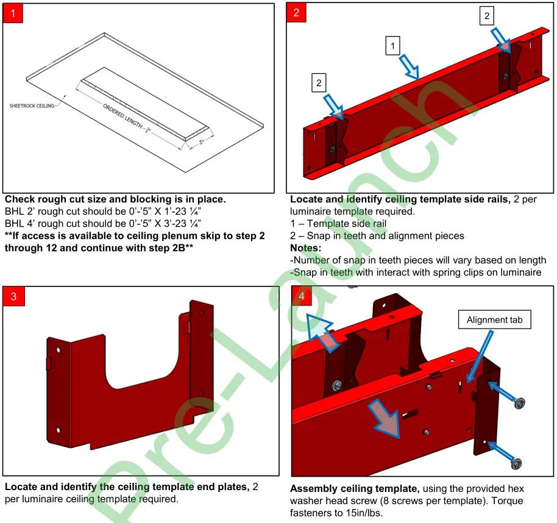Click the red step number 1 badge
point(13,13)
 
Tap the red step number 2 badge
point(296,13)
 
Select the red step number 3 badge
point(13,296)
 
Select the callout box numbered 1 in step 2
point(393,45)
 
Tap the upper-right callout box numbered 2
point(486,16)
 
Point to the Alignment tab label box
point(495,319)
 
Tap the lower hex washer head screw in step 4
point(517,461)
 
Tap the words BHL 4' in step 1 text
point(18,224)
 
